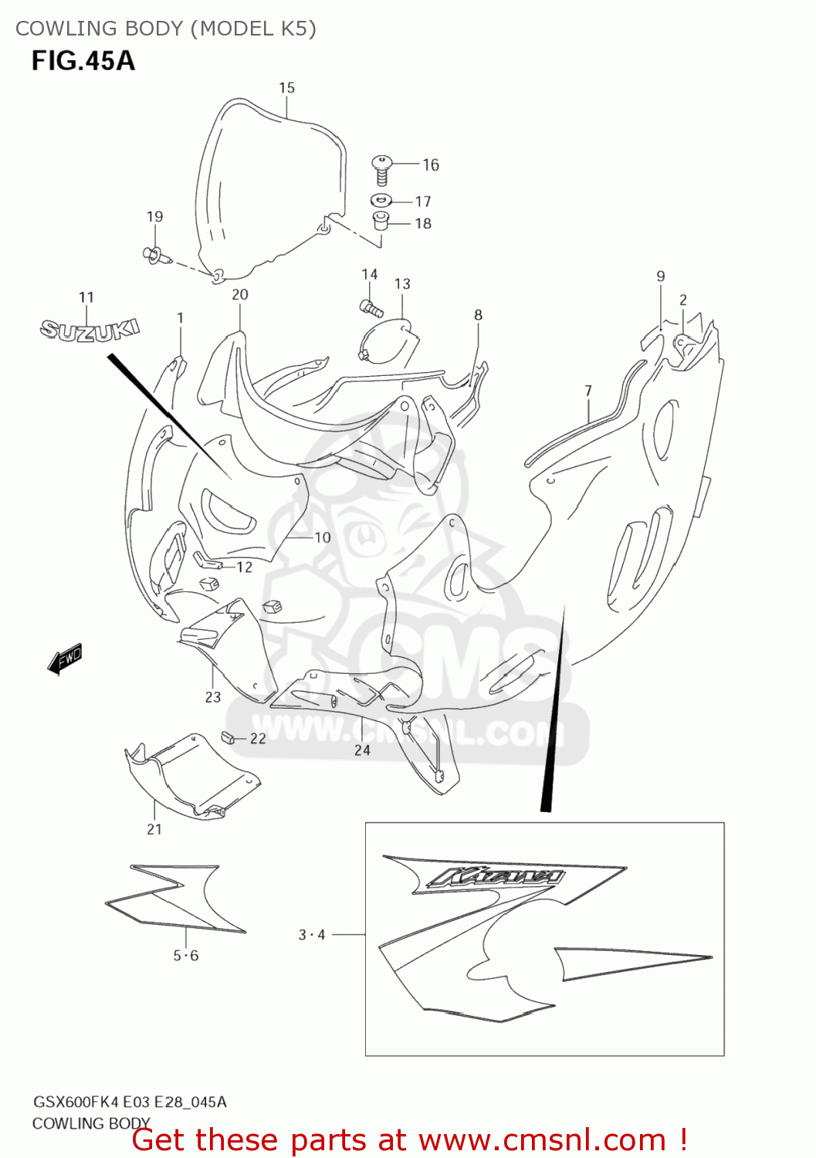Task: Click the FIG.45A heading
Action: pyautogui.click(x=83, y=60)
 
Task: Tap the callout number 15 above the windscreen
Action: pyautogui.click(x=286, y=88)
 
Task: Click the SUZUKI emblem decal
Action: pyautogui.click(x=90, y=330)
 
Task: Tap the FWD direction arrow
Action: pyautogui.click(x=65, y=659)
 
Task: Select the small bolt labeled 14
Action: pyautogui.click(x=372, y=308)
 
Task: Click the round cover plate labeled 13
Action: pyautogui.click(x=387, y=341)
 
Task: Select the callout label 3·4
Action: pyautogui.click(x=312, y=935)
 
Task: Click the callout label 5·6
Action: pyautogui.click(x=185, y=956)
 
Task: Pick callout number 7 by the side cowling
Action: pyautogui.click(x=588, y=391)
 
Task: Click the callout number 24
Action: pyautogui.click(x=362, y=750)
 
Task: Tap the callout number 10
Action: pyautogui.click(x=323, y=537)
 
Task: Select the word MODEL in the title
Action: pyautogui.click(x=236, y=29)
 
